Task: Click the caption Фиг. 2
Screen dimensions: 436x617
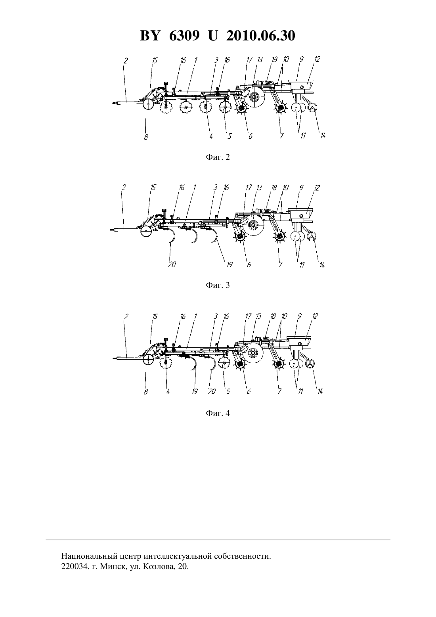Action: (218, 157)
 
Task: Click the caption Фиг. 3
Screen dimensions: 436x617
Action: (218, 285)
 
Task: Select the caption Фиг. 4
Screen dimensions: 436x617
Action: (218, 413)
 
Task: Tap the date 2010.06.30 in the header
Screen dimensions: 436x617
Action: (261, 36)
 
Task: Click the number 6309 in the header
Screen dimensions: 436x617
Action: (184, 36)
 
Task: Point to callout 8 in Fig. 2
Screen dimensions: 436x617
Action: (146, 137)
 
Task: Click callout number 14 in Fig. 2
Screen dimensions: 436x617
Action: (323, 136)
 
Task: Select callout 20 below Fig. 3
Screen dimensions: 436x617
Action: (172, 265)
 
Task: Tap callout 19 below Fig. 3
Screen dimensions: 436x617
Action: (229, 265)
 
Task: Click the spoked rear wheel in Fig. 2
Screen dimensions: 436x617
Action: (313, 108)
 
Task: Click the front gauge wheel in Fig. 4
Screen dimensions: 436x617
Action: (148, 360)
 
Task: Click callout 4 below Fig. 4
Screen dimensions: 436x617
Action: (168, 391)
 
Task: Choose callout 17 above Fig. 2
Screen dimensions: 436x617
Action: (249, 59)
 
